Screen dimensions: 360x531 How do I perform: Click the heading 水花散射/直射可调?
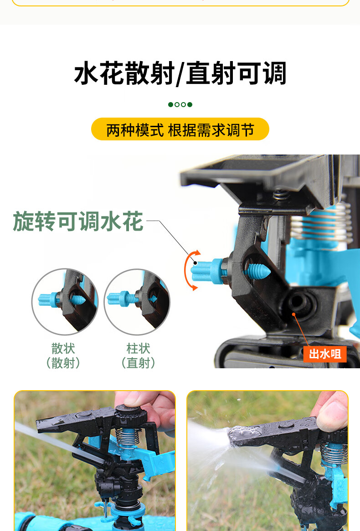pos(180,73)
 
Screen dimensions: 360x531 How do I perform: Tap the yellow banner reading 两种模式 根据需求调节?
pos(180,129)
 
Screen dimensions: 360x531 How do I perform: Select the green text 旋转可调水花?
pos(78,222)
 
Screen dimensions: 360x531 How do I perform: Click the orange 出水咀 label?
pos(325,354)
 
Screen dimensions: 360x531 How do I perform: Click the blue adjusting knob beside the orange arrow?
pos(207,270)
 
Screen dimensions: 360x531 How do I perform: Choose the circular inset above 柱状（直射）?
pos(137,301)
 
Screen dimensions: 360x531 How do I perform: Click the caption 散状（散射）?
pos(63,356)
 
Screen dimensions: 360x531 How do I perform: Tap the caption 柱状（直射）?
pos(138,356)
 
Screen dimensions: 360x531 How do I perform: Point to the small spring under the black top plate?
pos(281,195)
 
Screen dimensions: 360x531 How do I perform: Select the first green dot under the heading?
pos(171,105)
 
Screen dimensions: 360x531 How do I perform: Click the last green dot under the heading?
pos(190,105)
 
